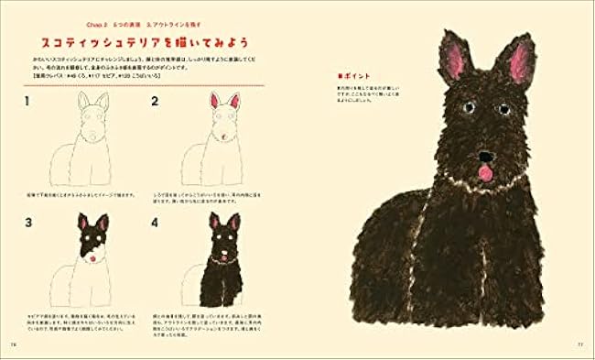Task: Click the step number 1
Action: pos(28,101)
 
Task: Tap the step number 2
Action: pos(156,101)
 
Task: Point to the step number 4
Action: pos(156,223)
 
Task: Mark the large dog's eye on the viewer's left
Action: pos(468,108)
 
